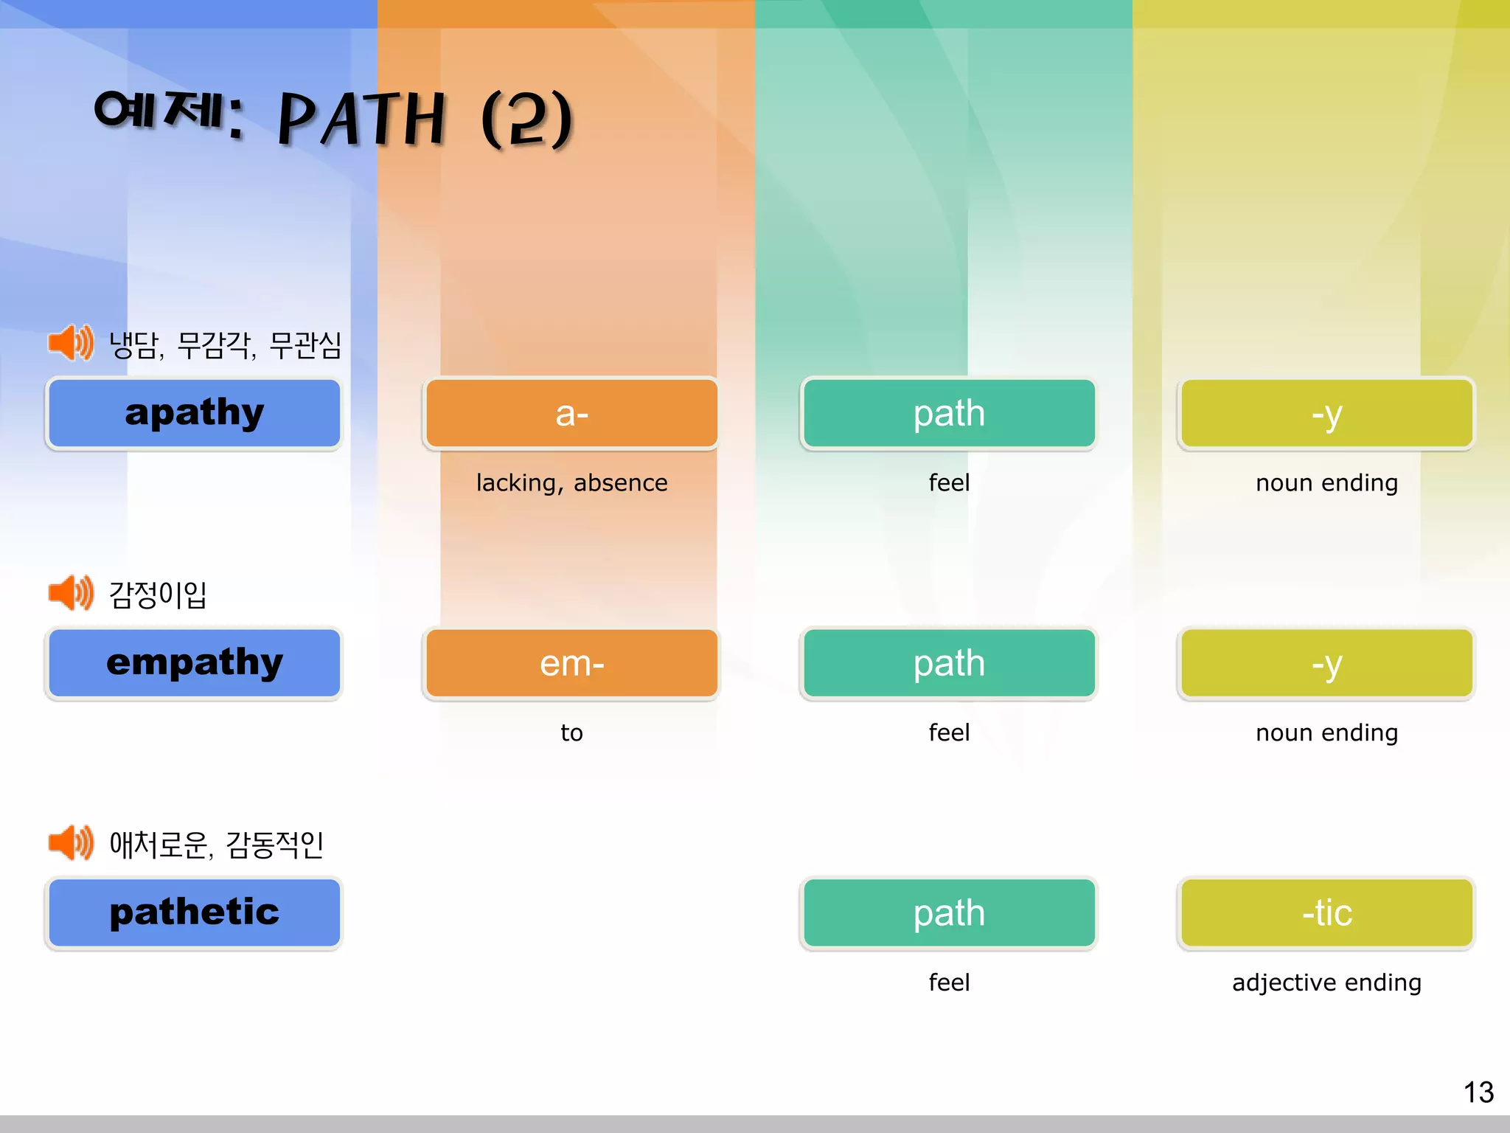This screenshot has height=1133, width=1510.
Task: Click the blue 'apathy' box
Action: point(194,413)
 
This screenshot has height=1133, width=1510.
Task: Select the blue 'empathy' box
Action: point(194,663)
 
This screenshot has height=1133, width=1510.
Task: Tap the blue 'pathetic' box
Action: point(194,912)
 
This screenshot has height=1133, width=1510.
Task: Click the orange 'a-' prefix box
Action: point(571,413)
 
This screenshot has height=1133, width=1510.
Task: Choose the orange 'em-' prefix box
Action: point(571,663)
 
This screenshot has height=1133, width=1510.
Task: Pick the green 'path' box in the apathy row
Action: point(949,413)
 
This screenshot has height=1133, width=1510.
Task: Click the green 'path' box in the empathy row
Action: point(949,663)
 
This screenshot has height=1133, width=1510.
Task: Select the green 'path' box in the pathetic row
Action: point(949,912)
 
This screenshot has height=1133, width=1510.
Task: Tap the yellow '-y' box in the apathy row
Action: point(1326,413)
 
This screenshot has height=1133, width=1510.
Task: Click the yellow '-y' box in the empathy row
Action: point(1326,663)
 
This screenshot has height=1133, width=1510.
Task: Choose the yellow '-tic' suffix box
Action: point(1326,912)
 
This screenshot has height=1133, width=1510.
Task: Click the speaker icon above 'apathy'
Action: point(71,343)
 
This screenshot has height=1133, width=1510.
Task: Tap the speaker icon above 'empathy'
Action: point(71,593)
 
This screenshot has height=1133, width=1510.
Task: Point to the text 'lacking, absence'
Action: point(571,482)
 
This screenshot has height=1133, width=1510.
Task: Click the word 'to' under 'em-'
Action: point(571,732)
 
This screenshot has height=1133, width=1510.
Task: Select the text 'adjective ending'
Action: point(1326,983)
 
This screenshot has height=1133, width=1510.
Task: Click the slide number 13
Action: point(1478,1092)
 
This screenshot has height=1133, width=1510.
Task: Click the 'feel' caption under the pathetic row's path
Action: point(949,983)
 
